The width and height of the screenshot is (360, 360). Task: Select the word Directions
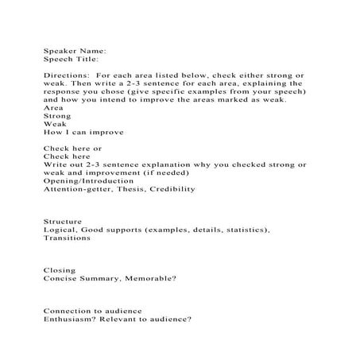[66, 74]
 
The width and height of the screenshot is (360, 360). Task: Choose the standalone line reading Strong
[56, 116]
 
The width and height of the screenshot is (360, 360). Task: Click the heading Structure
[62, 220]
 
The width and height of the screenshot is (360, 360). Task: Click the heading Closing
[59, 270]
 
